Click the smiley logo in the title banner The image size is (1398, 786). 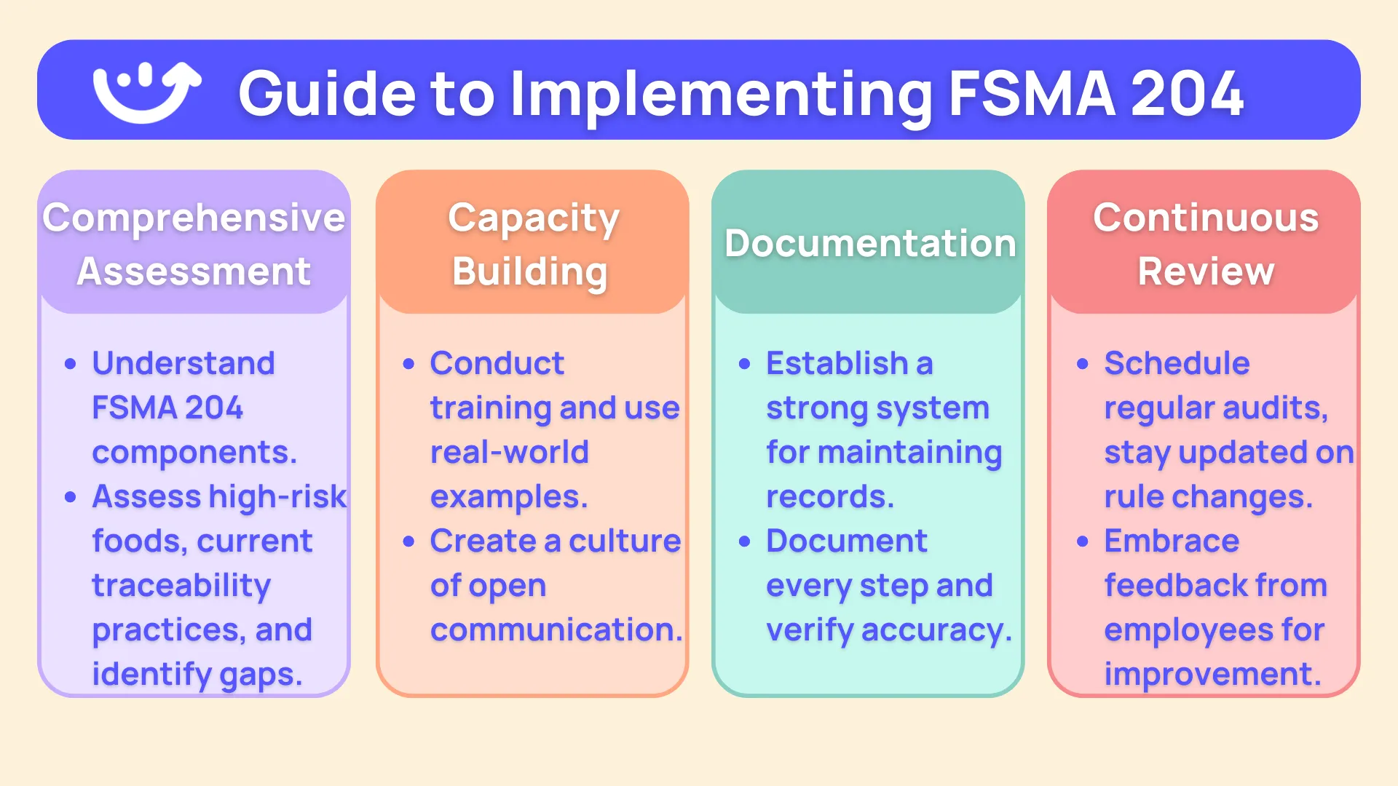(x=146, y=92)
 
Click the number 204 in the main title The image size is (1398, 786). (x=1187, y=93)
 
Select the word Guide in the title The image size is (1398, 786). (x=327, y=93)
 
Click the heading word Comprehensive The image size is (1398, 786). (x=194, y=218)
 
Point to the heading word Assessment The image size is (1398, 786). (x=194, y=271)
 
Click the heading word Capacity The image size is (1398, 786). (x=533, y=218)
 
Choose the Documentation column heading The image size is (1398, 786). (x=869, y=243)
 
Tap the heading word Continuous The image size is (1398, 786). (x=1205, y=218)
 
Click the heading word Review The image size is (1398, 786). (x=1205, y=271)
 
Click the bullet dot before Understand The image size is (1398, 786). (x=71, y=364)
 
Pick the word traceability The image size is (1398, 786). (x=181, y=585)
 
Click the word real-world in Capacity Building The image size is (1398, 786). (x=509, y=452)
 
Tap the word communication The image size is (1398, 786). (x=556, y=630)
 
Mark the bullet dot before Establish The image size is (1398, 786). (x=744, y=364)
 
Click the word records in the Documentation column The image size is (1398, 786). (x=829, y=496)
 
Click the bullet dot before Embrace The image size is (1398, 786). (x=1083, y=541)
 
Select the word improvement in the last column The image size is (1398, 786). (x=1212, y=674)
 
